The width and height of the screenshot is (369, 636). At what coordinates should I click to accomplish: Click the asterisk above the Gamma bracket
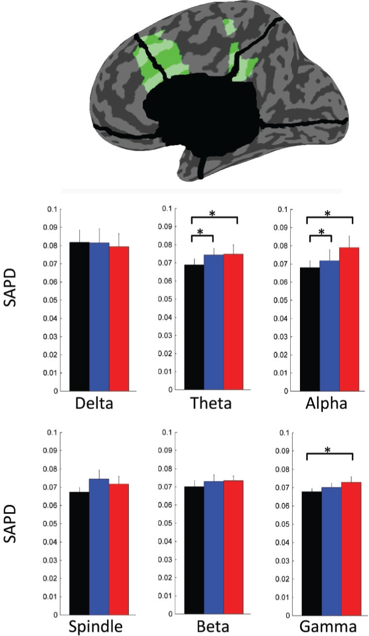click(x=328, y=450)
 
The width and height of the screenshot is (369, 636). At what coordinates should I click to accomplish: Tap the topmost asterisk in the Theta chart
click(x=212, y=214)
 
